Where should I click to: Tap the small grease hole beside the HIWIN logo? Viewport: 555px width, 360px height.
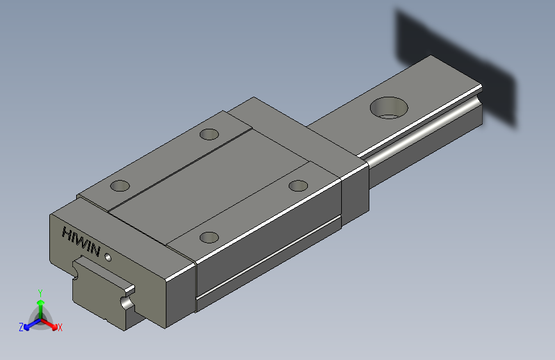(108, 258)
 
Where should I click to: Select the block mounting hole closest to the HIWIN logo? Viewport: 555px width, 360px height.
(120, 186)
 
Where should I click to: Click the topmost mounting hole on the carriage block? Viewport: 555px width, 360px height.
(209, 135)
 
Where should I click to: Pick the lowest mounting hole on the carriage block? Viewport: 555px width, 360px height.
(209, 237)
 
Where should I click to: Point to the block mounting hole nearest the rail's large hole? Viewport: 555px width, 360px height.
(298, 185)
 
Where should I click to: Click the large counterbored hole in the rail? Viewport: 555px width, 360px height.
(389, 107)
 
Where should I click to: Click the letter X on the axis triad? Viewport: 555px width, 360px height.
(60, 327)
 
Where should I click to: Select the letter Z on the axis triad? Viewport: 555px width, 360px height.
(21, 327)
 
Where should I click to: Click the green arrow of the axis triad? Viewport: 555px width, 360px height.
(40, 304)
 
